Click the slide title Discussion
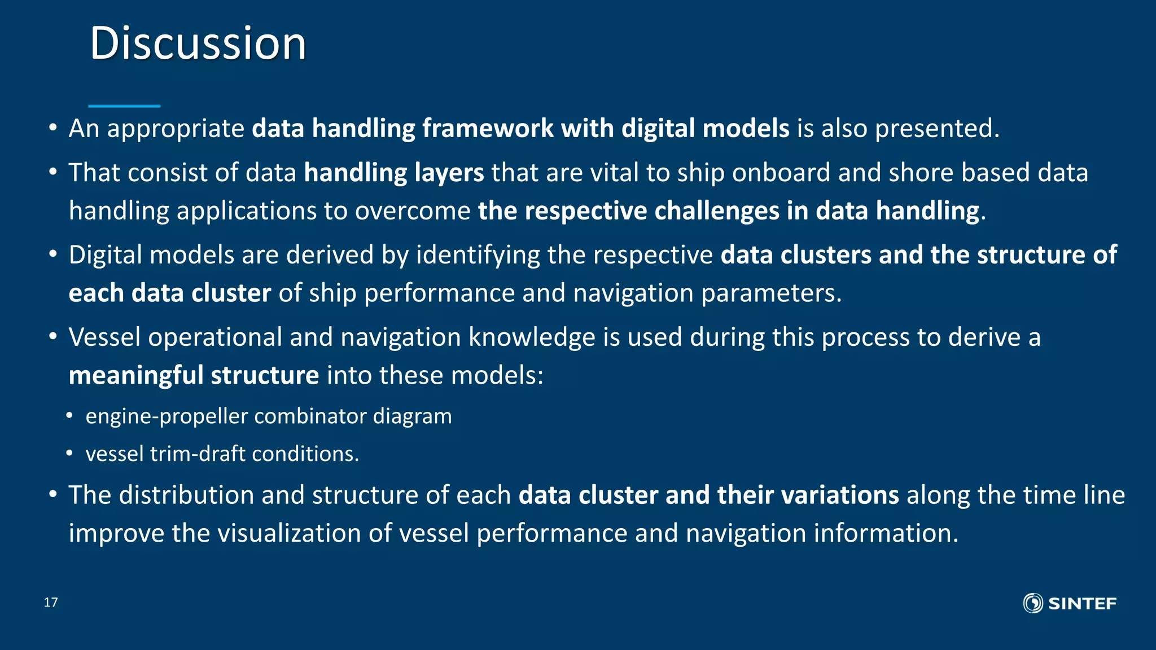tap(198, 43)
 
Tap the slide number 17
tap(51, 602)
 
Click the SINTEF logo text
tap(1081, 604)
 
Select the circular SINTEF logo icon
tap(1033, 603)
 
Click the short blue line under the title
tap(124, 106)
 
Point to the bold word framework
tap(489, 129)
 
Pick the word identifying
tap(478, 255)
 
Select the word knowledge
tap(532, 337)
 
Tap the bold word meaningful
tap(135, 376)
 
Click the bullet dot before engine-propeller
tap(69, 416)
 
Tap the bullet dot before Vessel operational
tap(53, 337)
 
